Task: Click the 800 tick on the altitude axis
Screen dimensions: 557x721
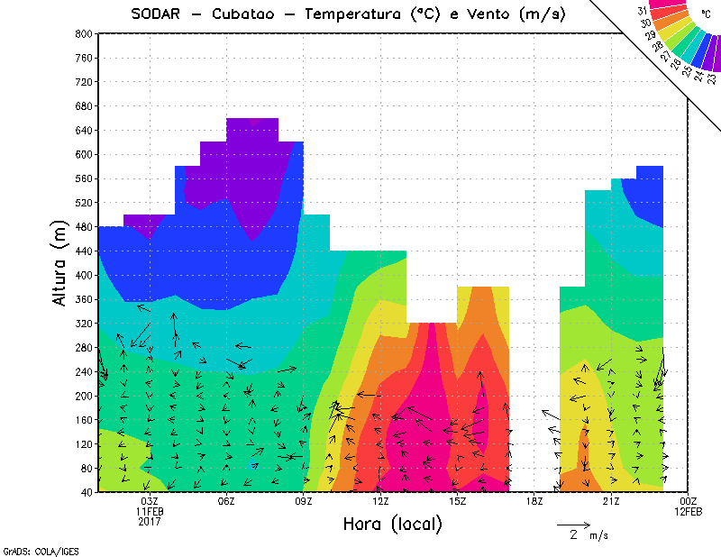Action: point(84,33)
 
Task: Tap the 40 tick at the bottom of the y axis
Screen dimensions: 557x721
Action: point(87,492)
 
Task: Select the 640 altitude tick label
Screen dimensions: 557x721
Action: point(84,130)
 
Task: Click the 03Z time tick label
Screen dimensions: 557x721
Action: point(150,501)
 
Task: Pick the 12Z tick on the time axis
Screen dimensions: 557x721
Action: point(380,501)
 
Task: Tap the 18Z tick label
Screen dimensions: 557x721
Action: point(534,501)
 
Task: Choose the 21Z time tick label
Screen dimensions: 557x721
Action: point(611,501)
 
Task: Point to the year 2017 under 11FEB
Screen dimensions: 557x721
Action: point(150,521)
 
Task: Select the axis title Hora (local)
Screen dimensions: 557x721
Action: point(392,524)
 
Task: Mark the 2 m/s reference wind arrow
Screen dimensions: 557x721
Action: point(572,524)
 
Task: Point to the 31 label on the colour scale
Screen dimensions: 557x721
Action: point(642,11)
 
